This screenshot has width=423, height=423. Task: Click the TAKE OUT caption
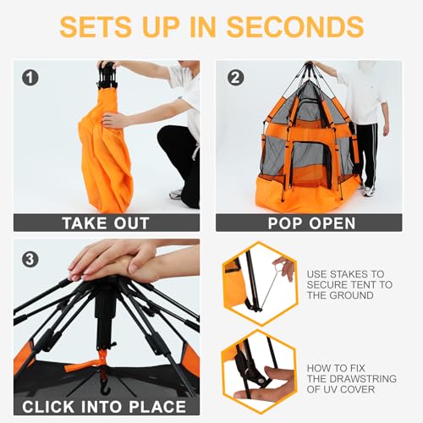[107, 222]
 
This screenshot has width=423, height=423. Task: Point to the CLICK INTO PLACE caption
[107, 406]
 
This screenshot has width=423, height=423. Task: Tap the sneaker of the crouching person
[176, 194]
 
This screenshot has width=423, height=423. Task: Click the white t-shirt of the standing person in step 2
[364, 97]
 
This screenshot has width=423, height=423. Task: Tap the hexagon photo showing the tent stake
[257, 280]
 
